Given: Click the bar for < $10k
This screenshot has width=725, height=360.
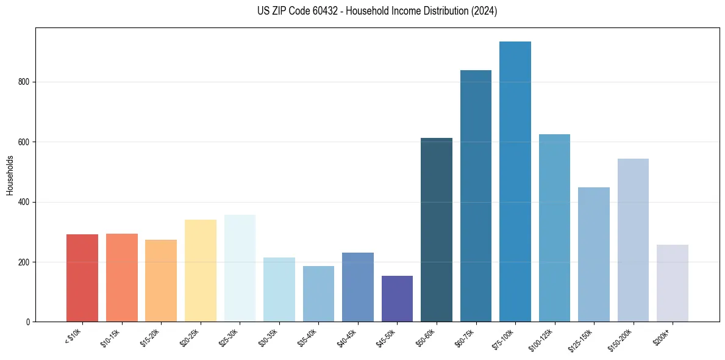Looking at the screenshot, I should [x=82, y=278].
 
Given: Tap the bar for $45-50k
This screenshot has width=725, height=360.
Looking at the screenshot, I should [x=397, y=298].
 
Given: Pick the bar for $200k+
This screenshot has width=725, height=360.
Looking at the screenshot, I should [x=673, y=283].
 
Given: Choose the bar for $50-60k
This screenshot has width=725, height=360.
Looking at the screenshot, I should [x=437, y=229].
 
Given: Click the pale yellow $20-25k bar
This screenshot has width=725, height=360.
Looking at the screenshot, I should [x=201, y=270].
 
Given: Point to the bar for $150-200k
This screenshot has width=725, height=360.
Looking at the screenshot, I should [x=633, y=240].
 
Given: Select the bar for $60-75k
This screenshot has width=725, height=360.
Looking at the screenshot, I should [x=476, y=196].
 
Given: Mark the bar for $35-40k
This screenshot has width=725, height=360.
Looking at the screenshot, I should [x=318, y=293].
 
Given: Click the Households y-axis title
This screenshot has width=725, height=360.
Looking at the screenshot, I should [x=10, y=175].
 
